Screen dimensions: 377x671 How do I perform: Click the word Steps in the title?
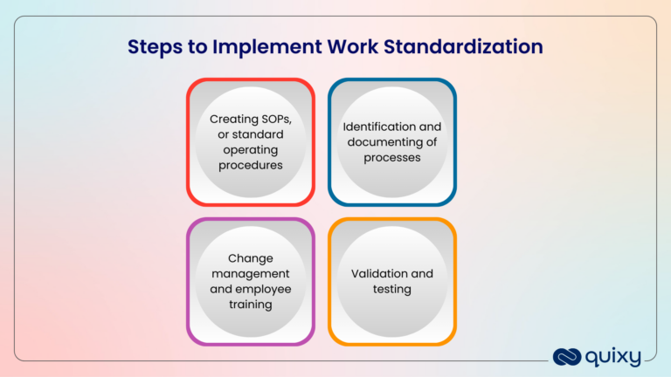click(x=153, y=46)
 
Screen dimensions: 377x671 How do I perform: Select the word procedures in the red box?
click(x=251, y=164)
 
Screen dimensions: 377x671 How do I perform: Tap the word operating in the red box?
click(x=251, y=149)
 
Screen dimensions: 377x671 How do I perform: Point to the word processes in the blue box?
click(x=392, y=157)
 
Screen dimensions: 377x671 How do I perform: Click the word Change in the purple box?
click(x=251, y=258)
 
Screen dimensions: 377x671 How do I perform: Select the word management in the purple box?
click(x=251, y=273)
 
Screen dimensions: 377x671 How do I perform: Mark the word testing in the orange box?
click(x=392, y=289)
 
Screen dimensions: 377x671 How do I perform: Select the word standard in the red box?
click(x=264, y=134)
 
